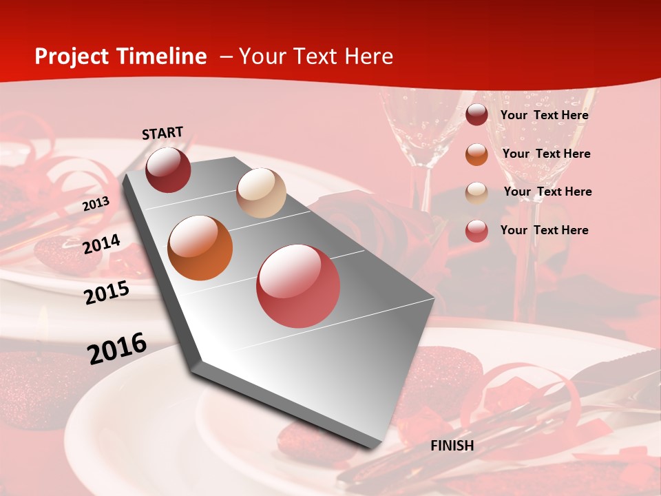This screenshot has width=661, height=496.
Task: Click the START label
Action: [x=162, y=133]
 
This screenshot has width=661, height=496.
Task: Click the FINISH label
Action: [x=452, y=446]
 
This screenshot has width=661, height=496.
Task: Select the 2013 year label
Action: [x=96, y=204]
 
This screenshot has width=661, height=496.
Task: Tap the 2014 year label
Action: [x=102, y=245]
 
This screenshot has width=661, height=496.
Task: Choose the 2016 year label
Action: [x=117, y=348]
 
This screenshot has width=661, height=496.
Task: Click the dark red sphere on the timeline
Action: [x=168, y=169]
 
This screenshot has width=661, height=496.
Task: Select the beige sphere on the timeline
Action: [x=261, y=193]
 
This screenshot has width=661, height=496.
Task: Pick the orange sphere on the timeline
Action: [x=200, y=248]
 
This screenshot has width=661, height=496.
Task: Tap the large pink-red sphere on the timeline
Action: [x=298, y=286]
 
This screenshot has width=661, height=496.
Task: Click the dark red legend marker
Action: [x=476, y=114]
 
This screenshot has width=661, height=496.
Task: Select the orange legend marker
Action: [x=476, y=154]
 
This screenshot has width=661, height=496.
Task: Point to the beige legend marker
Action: [x=476, y=192]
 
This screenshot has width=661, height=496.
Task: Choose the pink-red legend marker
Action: [x=476, y=231]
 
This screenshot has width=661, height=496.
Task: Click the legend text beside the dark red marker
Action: [x=544, y=115]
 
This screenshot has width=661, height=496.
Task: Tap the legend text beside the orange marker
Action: [x=546, y=154]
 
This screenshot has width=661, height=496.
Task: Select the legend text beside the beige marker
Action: [x=547, y=192]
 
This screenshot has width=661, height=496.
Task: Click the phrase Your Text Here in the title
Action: [x=316, y=56]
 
